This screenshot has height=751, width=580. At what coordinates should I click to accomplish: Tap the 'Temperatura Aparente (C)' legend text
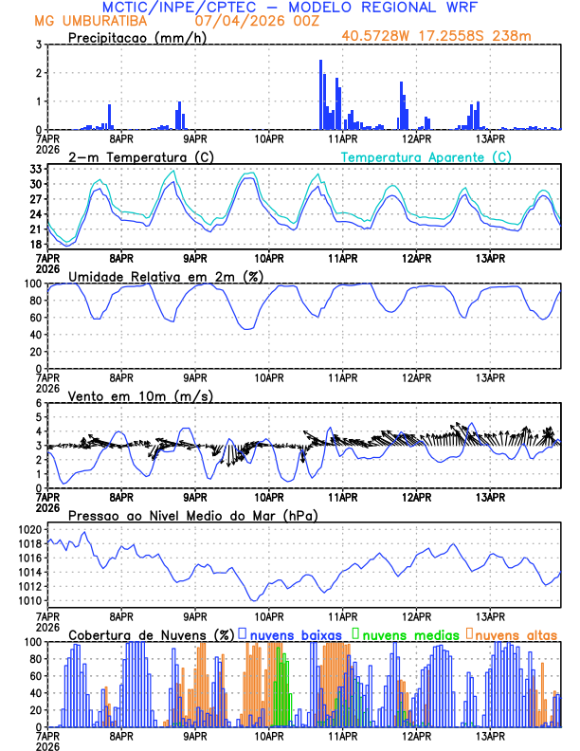coord(426,156)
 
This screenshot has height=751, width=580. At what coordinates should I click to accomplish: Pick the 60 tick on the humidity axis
coord(32,318)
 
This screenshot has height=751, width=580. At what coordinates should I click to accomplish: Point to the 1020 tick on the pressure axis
coord(28,529)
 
